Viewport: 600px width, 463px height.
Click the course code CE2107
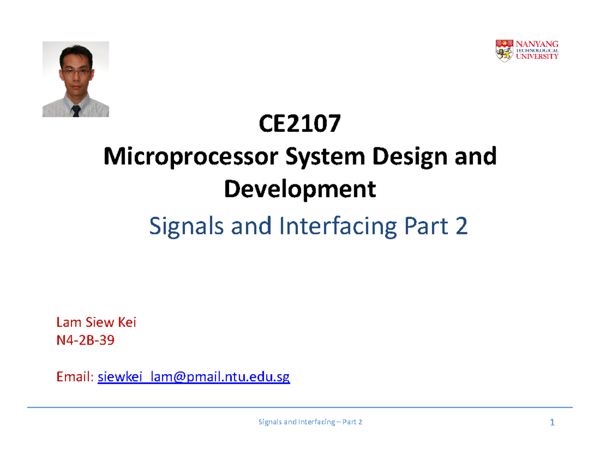pyautogui.click(x=299, y=125)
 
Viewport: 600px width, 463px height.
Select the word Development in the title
pyautogui.click(x=299, y=189)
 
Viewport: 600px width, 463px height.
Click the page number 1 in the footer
pyautogui.click(x=552, y=423)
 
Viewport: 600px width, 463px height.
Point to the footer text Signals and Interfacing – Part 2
pyautogui.click(x=310, y=423)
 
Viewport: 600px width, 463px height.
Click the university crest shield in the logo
pyautogui.click(x=503, y=50)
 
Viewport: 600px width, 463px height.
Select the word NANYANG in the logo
pyautogui.click(x=537, y=44)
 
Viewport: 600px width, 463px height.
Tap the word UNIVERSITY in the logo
pyautogui.click(x=537, y=57)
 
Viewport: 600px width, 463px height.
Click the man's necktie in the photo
pyautogui.click(x=75, y=110)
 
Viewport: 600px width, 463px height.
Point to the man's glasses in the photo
pyautogui.click(x=75, y=72)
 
